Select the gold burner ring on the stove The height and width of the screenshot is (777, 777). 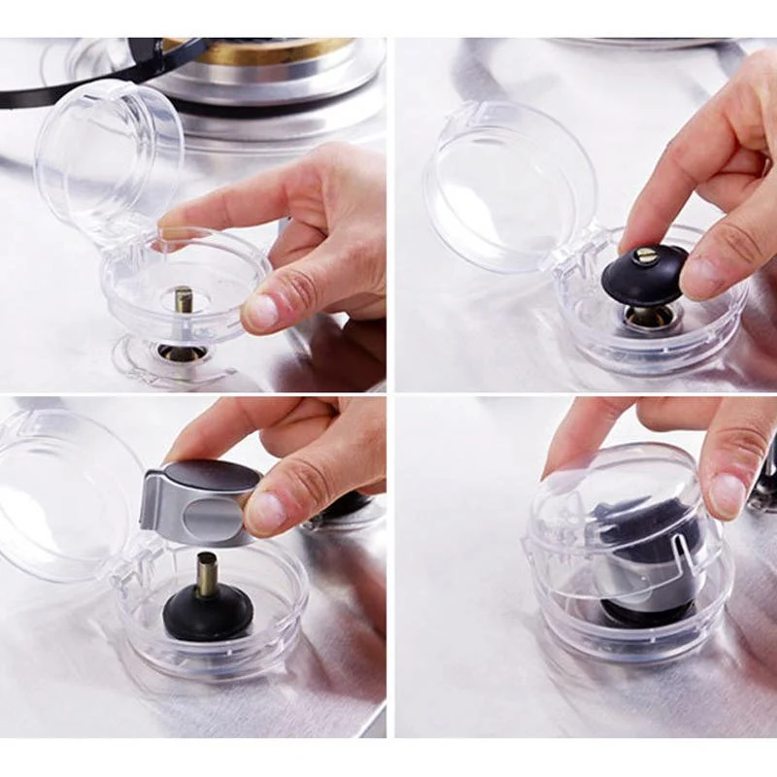tap(258, 50)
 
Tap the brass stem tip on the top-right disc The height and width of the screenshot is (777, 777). tap(646, 256)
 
